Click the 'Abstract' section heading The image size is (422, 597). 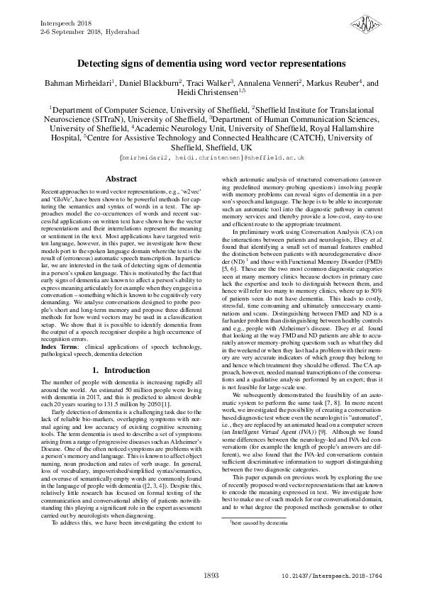tap(121, 179)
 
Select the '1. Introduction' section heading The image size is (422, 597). tap(121, 371)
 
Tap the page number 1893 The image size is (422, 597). tap(211, 576)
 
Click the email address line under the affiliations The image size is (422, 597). tap(211, 155)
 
